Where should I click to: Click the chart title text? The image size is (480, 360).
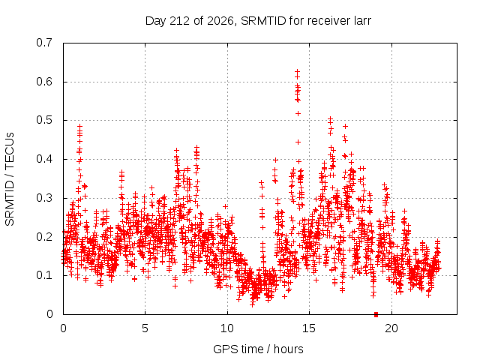coord(258,21)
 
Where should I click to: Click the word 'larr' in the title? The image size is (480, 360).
coord(361,21)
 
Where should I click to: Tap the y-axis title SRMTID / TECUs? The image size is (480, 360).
coord(10,179)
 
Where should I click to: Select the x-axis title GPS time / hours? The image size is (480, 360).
coord(258,349)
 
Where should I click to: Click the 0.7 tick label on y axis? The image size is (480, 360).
coord(44,43)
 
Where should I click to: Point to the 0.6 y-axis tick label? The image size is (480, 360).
coord(44,82)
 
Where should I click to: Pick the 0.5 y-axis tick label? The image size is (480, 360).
coord(44,120)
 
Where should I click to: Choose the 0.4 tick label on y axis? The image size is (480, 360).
coord(44,159)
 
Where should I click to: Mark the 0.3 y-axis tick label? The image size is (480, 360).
coord(44,198)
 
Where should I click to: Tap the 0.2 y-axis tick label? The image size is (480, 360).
coord(44,237)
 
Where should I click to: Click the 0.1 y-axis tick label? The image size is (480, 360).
coord(44,275)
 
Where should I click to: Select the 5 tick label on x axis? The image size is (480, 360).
coord(145,328)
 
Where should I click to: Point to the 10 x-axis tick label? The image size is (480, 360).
coord(227,328)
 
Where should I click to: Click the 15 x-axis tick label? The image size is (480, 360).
coord(309,328)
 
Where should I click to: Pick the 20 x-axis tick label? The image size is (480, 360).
coord(391,328)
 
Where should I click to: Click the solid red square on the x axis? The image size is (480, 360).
coord(376,314)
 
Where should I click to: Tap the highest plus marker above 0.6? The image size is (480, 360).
coord(297,71)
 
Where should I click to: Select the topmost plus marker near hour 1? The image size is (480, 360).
coord(80,126)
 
